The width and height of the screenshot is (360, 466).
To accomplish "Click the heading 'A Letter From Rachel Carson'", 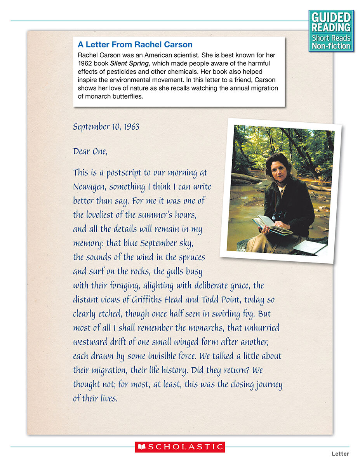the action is coord(135,45).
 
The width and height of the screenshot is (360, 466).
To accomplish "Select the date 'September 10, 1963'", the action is coord(106,127).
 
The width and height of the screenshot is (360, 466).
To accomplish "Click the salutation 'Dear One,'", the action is coord(90,151).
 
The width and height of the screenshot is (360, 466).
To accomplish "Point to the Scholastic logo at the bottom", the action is coord(180,447).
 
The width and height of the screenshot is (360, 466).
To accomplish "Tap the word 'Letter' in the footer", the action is coord(340,454).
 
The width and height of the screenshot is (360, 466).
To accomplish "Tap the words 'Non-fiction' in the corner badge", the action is coord(331,46).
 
